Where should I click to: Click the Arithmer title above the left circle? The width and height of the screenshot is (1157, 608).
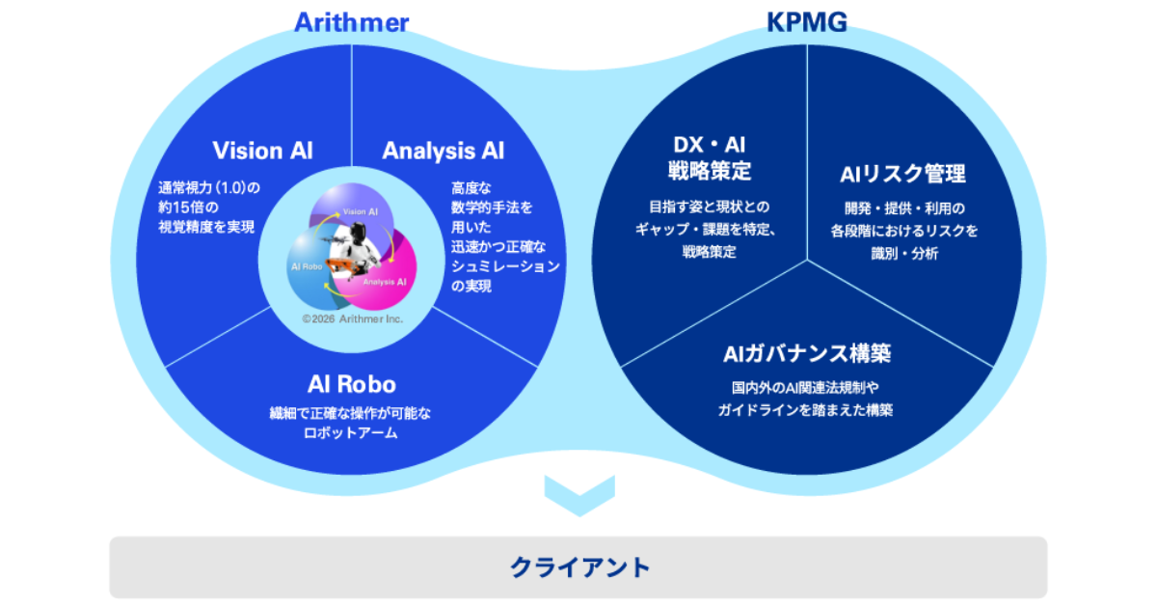click(351, 21)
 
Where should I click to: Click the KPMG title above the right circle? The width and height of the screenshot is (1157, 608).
click(807, 21)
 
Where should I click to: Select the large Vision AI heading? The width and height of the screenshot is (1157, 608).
click(262, 151)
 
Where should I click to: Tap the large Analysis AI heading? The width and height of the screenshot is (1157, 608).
click(443, 151)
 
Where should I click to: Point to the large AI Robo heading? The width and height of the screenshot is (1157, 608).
click(351, 384)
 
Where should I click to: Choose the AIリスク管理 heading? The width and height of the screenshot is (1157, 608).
click(902, 174)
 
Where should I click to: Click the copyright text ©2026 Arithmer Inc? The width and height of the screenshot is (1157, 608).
click(352, 318)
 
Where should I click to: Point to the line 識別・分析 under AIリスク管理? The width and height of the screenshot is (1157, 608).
click(902, 253)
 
